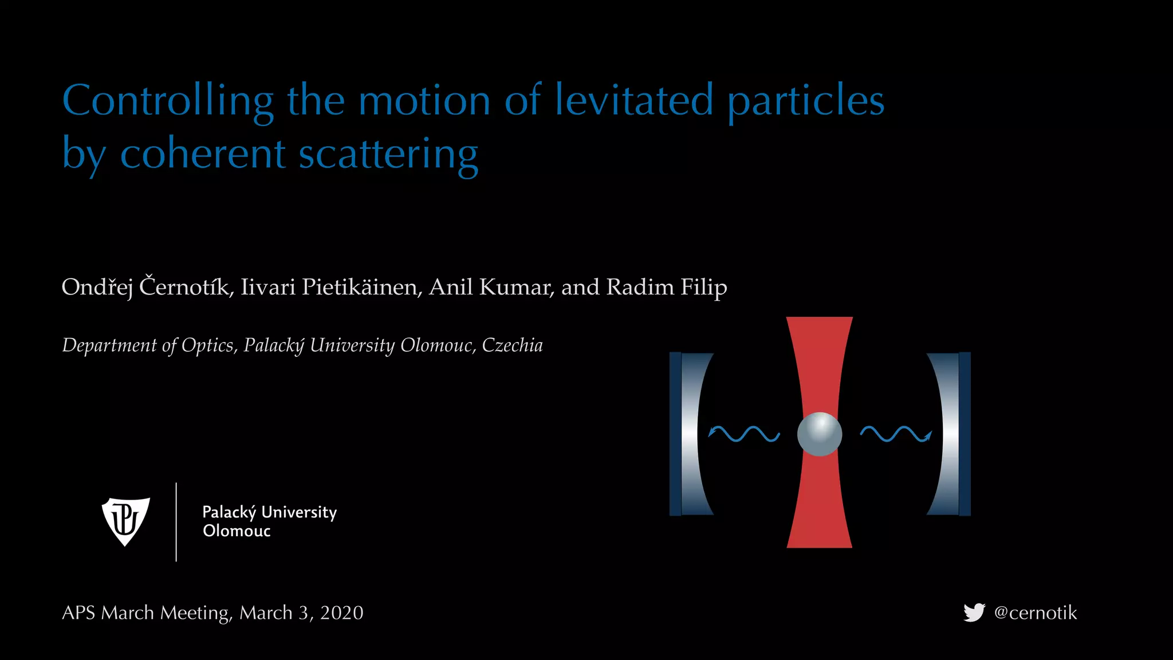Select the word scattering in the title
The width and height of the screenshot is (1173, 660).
point(388,154)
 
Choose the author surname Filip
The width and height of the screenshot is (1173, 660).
point(703,287)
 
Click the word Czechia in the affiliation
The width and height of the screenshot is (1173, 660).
point(512,345)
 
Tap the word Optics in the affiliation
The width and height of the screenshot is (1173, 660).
point(207,345)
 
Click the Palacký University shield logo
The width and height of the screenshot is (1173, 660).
point(125,521)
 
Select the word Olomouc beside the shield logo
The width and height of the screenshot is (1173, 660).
point(237,531)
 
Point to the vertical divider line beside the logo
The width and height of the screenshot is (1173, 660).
point(176,521)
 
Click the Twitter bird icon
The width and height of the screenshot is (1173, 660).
point(974,612)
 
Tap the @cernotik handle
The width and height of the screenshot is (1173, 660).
point(1036,612)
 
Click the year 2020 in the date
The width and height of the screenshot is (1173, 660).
point(341,612)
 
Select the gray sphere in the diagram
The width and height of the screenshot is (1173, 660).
point(819,434)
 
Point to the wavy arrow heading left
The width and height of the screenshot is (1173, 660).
point(743,434)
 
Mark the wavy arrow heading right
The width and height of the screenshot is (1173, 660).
point(896,434)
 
